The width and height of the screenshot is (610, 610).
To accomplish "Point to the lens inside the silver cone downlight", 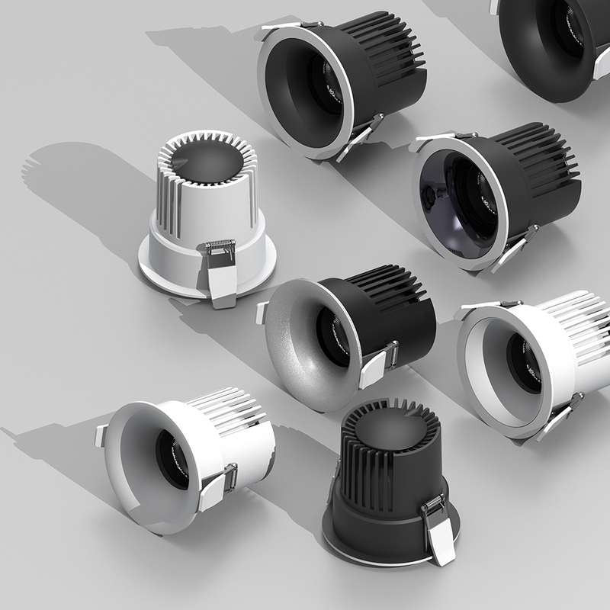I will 335,335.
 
